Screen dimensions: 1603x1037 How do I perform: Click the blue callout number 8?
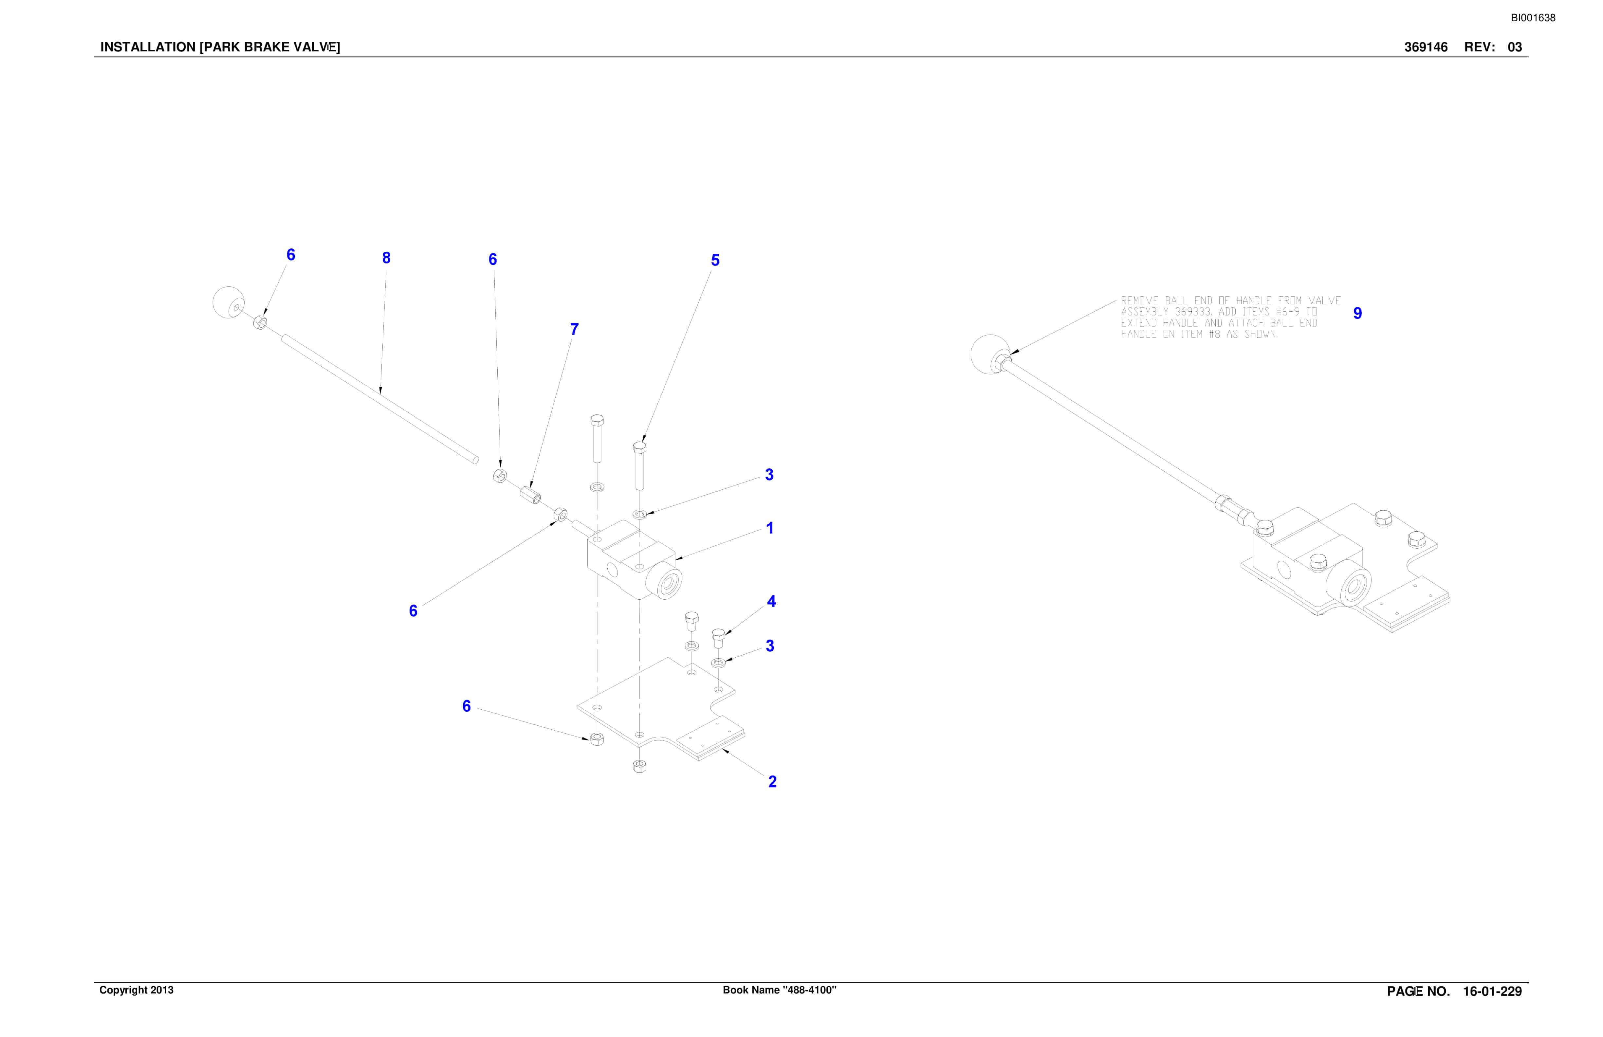click(x=386, y=258)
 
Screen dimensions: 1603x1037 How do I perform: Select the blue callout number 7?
click(x=574, y=329)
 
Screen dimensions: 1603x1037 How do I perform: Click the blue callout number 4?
click(x=771, y=601)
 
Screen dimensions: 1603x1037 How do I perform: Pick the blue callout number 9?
click(x=1357, y=313)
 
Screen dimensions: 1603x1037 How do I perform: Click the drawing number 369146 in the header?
click(x=1426, y=47)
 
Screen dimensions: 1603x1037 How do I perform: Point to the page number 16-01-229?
click(x=1493, y=991)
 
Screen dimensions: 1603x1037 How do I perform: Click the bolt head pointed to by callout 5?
click(x=640, y=446)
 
